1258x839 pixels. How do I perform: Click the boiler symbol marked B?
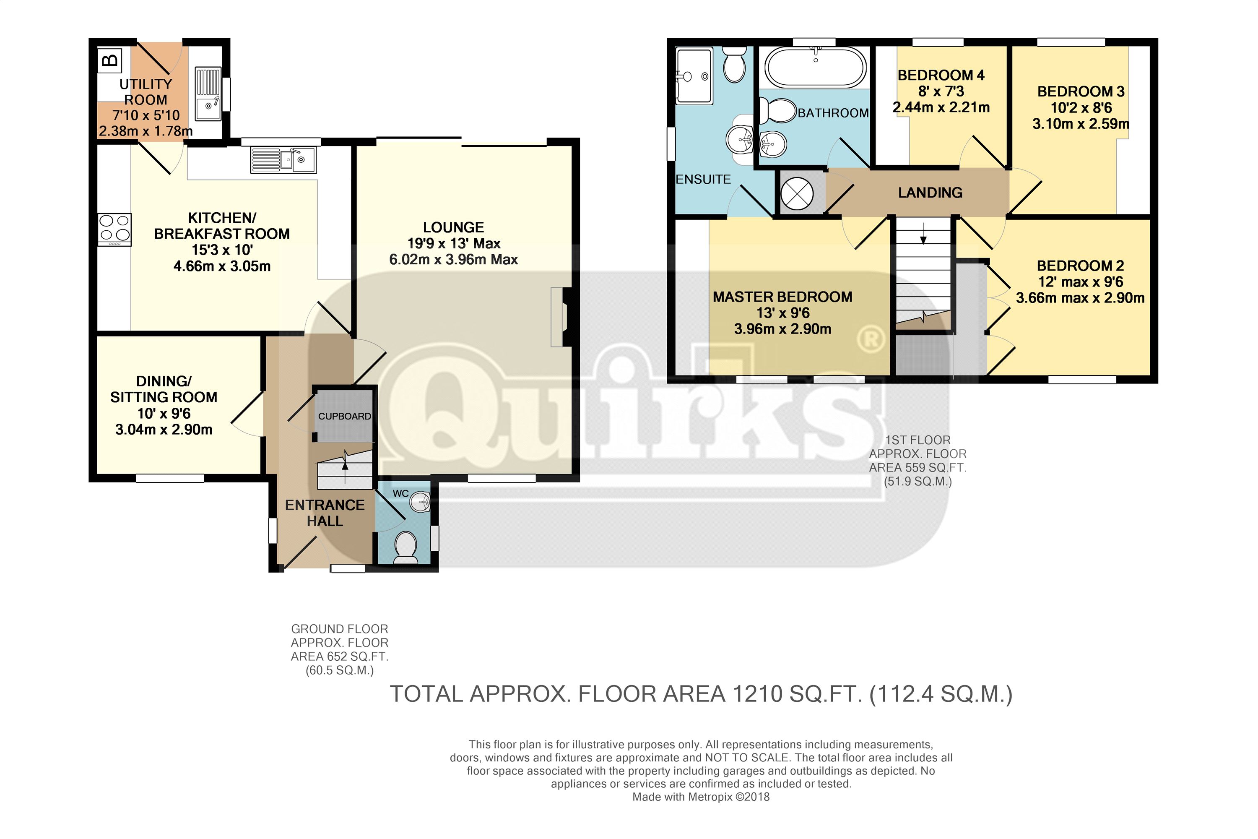pos(110,60)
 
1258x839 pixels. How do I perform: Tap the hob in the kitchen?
pos(115,229)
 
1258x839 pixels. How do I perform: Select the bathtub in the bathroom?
pos(815,67)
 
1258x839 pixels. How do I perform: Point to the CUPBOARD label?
pos(344,416)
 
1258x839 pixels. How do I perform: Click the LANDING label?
pos(930,193)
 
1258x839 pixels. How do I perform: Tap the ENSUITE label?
pos(703,179)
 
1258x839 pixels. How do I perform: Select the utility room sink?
pos(208,94)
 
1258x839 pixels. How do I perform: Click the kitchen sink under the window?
pos(283,159)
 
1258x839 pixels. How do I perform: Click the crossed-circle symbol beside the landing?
pos(797,193)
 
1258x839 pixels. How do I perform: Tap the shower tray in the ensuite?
pos(694,76)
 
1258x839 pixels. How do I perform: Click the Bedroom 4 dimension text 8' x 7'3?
pos(941,91)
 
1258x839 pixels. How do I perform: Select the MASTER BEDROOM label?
pos(782,297)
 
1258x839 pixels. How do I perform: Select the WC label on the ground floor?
pos(400,493)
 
